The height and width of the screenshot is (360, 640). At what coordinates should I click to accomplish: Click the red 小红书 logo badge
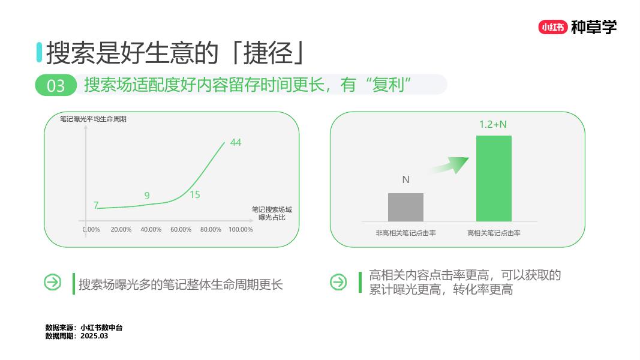(552, 27)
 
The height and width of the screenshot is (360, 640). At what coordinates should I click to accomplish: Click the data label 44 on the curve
(236, 142)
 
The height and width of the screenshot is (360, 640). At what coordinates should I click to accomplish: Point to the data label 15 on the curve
(194, 194)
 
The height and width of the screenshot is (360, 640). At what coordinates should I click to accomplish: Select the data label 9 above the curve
(147, 196)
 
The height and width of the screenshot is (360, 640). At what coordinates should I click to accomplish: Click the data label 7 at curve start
(96, 205)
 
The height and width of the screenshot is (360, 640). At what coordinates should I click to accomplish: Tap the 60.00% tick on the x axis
(181, 230)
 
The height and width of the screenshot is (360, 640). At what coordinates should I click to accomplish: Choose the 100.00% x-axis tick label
(241, 230)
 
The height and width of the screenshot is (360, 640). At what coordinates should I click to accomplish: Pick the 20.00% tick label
(121, 230)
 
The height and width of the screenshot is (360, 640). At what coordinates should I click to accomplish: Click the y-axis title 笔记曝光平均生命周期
(93, 119)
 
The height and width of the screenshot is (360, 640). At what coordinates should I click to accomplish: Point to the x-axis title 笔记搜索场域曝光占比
(272, 213)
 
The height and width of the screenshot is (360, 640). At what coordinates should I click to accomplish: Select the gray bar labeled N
(405, 207)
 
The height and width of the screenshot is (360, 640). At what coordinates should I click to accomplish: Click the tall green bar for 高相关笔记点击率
(494, 178)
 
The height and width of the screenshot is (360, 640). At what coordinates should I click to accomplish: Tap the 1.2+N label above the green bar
(493, 124)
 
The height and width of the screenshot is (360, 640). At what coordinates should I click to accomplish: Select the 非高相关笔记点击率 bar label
(405, 233)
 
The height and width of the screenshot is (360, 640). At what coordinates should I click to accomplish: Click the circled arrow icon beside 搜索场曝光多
(53, 282)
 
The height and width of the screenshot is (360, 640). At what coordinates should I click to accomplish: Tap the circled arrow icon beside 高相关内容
(338, 282)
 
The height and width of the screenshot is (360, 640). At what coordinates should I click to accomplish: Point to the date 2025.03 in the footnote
(95, 336)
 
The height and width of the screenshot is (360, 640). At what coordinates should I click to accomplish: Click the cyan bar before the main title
(39, 52)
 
